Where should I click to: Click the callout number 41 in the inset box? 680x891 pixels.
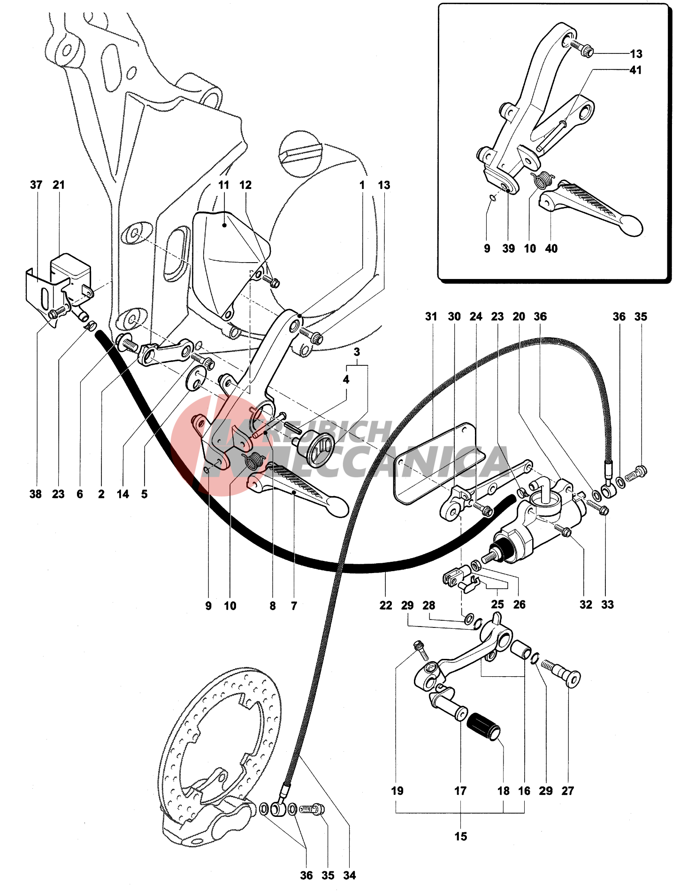[x=635, y=70]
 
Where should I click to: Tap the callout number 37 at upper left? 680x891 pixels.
[x=36, y=185]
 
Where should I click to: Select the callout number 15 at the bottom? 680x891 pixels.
[x=461, y=836]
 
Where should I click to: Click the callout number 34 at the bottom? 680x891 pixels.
[x=350, y=875]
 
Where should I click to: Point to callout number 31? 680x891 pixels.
[x=431, y=317]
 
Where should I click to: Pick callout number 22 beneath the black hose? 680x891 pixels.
[x=386, y=605]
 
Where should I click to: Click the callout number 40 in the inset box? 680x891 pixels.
[x=551, y=249]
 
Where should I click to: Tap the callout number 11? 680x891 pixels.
[x=224, y=185]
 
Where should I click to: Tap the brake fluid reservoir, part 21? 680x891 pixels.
[x=70, y=272]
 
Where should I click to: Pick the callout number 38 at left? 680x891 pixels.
[x=36, y=494]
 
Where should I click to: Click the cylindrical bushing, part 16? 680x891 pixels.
[x=521, y=649]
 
